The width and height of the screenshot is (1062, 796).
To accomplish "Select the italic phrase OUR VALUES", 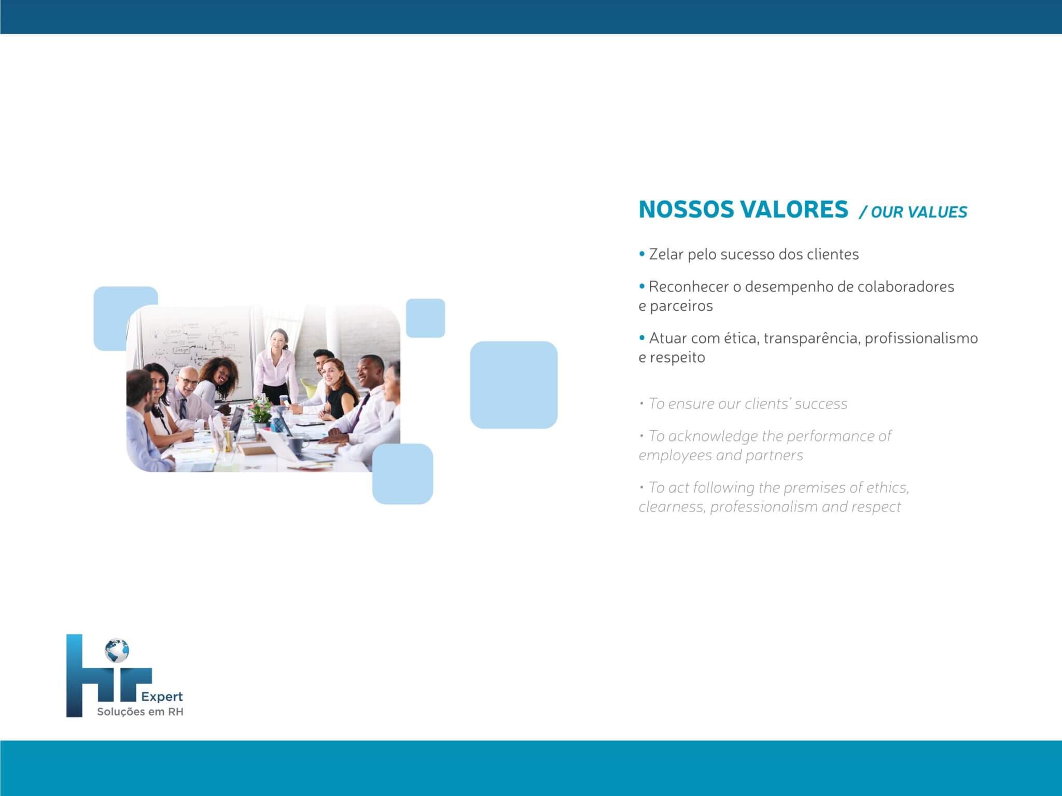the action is pos(919,212).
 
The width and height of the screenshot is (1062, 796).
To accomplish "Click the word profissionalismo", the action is pos(921,338).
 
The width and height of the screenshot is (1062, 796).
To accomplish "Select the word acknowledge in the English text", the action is pos(713,436).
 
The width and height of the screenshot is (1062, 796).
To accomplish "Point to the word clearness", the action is pos(672,507).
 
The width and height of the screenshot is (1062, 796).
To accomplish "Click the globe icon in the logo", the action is pos(117,650).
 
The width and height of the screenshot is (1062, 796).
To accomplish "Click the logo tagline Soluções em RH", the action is pos(140,712).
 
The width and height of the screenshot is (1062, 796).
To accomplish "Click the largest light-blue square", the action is pos(514,385).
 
